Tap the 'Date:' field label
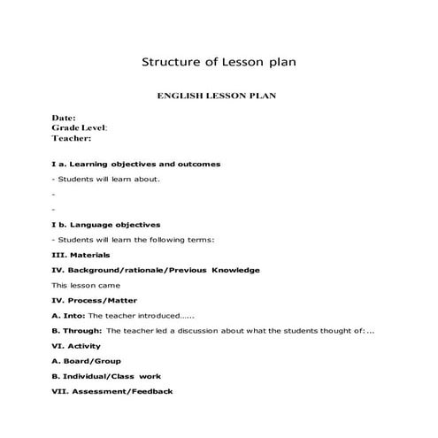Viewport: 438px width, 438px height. click(64, 118)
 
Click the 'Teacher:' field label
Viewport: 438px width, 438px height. click(72, 138)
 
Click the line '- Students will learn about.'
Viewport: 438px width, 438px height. click(106, 179)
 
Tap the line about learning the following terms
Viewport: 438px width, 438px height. click(134, 240)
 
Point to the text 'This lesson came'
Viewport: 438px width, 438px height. click(85, 285)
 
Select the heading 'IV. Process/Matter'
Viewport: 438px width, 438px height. click(96, 300)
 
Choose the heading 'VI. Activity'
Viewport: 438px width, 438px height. click(76, 345)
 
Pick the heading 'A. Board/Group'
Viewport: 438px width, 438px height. click(87, 360)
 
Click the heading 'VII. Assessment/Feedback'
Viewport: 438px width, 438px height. click(112, 391)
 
